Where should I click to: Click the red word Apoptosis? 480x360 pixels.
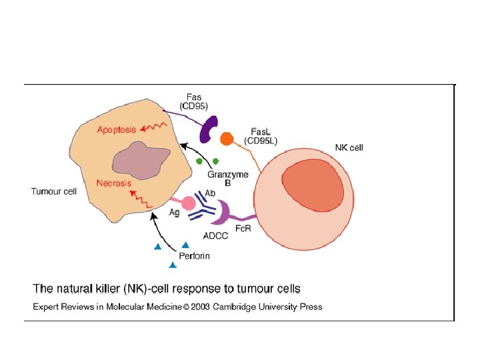[117, 129]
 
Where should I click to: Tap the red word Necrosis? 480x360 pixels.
[113, 183]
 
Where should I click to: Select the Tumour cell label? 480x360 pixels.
[54, 192]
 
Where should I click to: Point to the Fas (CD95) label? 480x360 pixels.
[195, 99]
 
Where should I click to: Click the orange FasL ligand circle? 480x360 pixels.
[227, 139]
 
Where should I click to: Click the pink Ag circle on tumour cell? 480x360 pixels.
[188, 203]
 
